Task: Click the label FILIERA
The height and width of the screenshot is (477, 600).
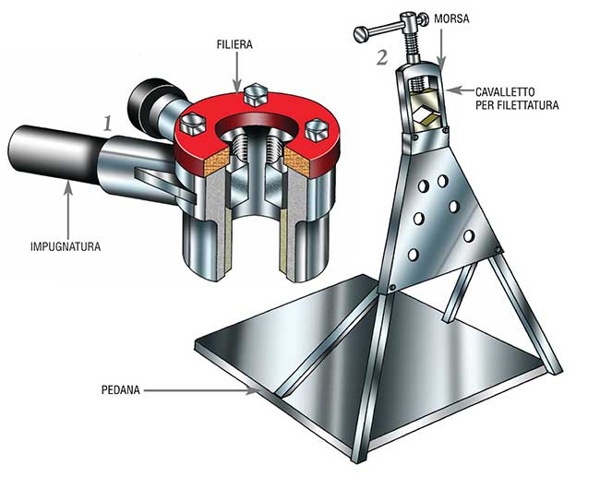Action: (x=234, y=44)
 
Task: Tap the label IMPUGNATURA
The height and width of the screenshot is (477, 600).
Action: (x=66, y=246)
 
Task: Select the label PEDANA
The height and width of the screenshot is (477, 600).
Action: (x=121, y=390)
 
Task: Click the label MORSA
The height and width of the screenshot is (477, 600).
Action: (x=451, y=18)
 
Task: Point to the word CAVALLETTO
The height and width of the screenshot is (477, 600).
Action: (x=505, y=92)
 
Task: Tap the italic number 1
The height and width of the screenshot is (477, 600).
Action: (x=107, y=123)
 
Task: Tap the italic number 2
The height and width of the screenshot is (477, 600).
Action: (x=382, y=57)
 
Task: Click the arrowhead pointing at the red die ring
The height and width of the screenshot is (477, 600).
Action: (x=237, y=88)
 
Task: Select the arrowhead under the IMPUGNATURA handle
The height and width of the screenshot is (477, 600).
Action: (x=68, y=186)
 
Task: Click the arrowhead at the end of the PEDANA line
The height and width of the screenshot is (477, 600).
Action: (x=251, y=390)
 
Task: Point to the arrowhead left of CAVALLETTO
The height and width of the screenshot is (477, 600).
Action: (x=452, y=90)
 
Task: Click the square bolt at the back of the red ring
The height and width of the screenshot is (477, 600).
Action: (x=255, y=94)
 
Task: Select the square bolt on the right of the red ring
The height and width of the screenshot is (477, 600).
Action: (x=318, y=130)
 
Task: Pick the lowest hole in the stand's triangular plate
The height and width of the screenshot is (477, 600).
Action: (x=413, y=255)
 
